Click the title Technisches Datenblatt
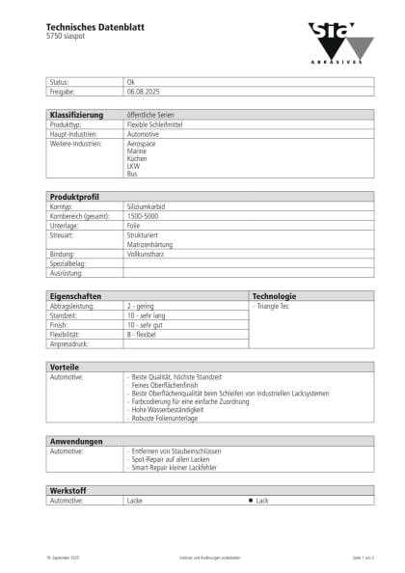click(94, 28)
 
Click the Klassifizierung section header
click(76, 115)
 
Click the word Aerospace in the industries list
click(142, 143)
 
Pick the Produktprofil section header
click(73, 197)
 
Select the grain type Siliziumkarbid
click(147, 206)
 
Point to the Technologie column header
click(274, 296)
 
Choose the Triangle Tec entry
click(277, 306)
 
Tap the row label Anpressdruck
click(68, 343)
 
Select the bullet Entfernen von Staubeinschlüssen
click(180, 450)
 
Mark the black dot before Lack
click(250, 501)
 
